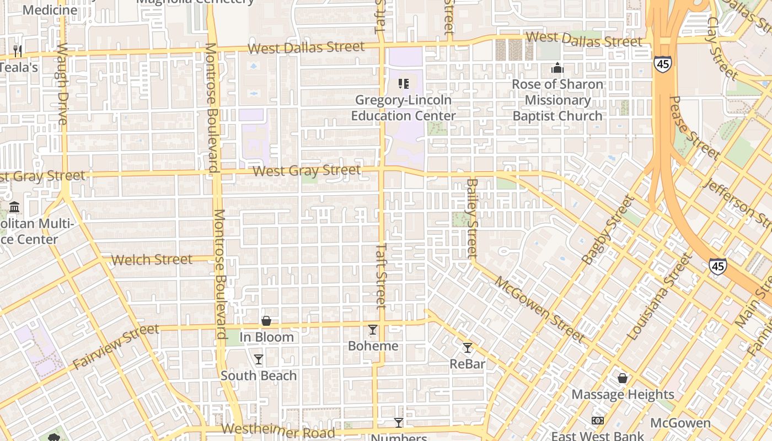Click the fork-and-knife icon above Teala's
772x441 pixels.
[18, 51]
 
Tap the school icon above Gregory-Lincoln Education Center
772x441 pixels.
[404, 84]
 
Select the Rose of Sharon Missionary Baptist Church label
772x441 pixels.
[557, 100]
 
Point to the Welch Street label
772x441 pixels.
[152, 259]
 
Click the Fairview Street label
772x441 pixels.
[116, 347]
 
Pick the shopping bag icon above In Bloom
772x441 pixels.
[266, 321]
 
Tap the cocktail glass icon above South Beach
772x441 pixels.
[259, 359]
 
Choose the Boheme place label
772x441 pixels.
[373, 346]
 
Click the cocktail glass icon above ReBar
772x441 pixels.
[468, 348]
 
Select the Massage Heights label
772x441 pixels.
[623, 394]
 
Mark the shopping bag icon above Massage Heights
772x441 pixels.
[623, 378]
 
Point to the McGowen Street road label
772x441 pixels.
[539, 309]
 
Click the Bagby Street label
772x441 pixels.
[608, 229]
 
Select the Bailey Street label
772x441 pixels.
[472, 218]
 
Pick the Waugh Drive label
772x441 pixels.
[61, 84]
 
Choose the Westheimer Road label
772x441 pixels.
[278, 431]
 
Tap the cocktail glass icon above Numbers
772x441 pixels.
[399, 423]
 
